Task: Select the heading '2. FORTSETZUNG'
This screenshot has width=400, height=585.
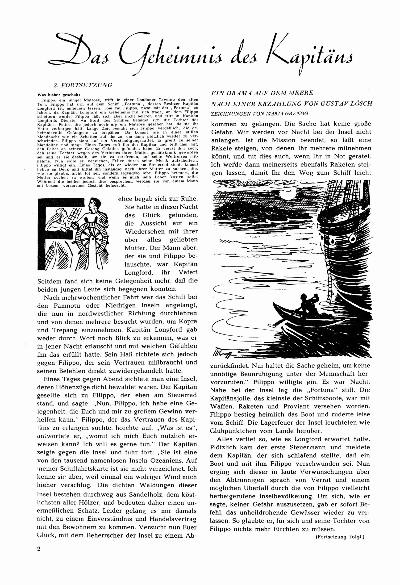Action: coord(81,85)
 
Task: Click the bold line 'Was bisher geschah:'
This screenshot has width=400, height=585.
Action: coord(59,95)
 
